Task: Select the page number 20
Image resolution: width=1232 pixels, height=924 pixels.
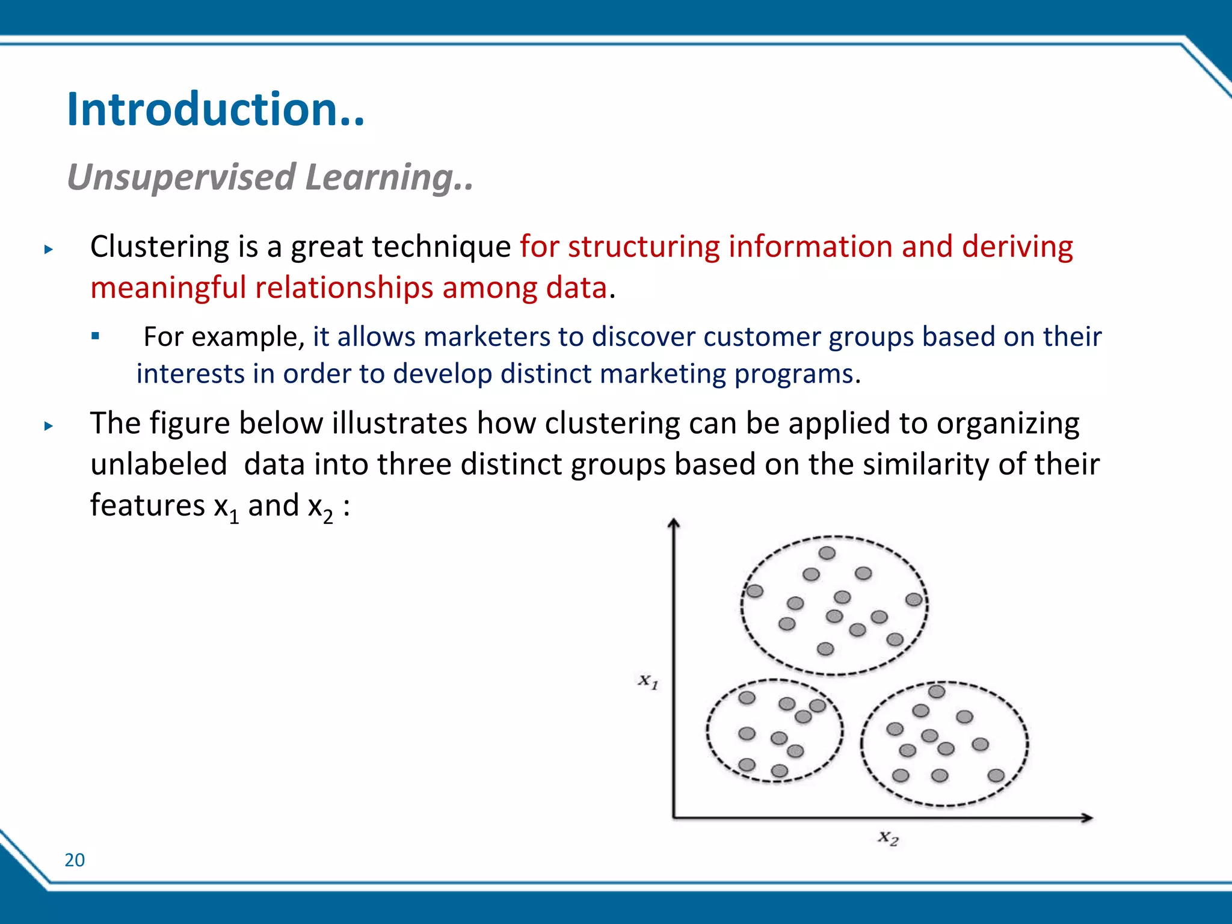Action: tap(75, 860)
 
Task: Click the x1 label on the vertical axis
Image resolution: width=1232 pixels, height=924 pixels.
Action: tap(648, 681)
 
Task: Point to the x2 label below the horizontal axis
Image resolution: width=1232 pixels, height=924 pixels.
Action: tap(888, 837)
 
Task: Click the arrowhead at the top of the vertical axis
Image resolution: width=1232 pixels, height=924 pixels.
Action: tap(674, 523)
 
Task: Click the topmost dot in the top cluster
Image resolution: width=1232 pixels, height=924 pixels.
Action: tap(827, 553)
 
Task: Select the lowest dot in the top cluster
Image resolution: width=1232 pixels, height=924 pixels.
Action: tap(825, 648)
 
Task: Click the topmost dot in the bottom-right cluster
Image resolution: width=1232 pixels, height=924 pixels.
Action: tap(937, 692)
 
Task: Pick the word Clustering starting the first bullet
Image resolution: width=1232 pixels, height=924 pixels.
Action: tap(159, 247)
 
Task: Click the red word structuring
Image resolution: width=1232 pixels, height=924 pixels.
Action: tap(643, 247)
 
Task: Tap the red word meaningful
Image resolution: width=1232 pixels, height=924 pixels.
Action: tap(168, 288)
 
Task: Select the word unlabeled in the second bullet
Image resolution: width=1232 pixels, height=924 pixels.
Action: tap(159, 464)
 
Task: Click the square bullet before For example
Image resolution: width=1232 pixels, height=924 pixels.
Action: tap(95, 336)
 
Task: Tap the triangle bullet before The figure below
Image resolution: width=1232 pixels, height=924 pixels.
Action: tap(49, 427)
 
